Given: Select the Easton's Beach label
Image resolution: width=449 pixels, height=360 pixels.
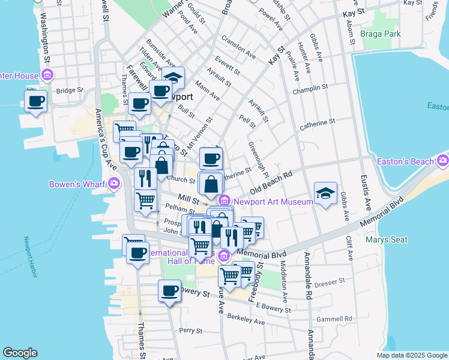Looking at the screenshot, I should point(406,161).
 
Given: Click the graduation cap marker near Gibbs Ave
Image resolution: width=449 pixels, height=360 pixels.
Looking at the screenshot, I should point(325,193).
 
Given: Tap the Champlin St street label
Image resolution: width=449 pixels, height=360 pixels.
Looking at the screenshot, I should point(310,89).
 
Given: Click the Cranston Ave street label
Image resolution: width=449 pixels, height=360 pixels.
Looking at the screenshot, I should point(238,47).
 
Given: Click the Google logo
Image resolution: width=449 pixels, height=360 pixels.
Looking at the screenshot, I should point(20,353).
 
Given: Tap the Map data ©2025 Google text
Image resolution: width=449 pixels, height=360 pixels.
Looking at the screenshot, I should point(411,355).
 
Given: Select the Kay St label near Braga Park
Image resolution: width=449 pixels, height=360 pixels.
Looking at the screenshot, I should point(354,13).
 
